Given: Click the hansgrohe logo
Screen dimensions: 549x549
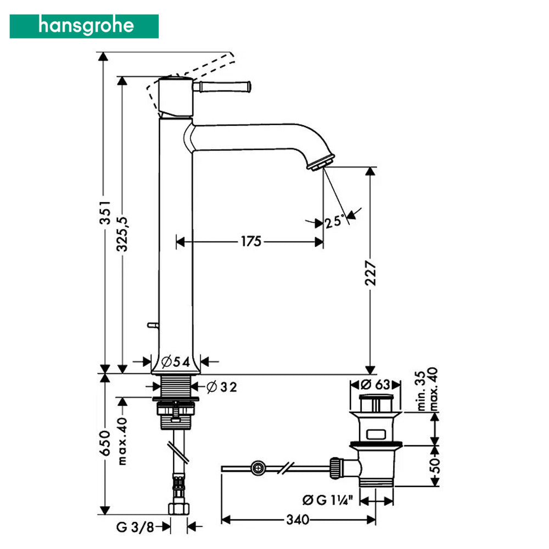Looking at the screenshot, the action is (84, 26).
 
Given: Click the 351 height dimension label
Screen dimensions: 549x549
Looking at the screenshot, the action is (105, 212).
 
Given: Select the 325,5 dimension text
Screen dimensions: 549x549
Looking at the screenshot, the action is (122, 234).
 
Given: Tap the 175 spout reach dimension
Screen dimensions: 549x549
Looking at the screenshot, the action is (251, 241).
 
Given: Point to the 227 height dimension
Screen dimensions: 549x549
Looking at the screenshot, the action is (370, 273).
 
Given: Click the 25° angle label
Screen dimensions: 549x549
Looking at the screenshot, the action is (334, 221).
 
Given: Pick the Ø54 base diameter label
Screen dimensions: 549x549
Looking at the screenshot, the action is (176, 361).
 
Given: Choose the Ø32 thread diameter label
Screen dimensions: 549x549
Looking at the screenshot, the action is (222, 387).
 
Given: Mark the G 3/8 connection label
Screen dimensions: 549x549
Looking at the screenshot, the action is (135, 526).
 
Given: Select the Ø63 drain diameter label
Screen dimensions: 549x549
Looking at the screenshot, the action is (376, 384).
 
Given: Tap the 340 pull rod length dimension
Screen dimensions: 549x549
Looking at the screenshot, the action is (298, 519).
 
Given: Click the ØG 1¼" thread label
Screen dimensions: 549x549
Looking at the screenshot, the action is (328, 500).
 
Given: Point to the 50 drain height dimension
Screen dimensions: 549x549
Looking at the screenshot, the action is (434, 466).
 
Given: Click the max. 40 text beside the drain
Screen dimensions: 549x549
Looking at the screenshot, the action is (434, 389).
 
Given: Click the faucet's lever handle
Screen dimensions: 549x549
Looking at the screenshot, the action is (222, 87).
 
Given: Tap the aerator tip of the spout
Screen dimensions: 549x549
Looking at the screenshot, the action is (321, 163).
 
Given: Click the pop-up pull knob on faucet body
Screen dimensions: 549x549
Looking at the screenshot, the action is (153, 325).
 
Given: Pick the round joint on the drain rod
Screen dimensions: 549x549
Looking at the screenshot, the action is (258, 468).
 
